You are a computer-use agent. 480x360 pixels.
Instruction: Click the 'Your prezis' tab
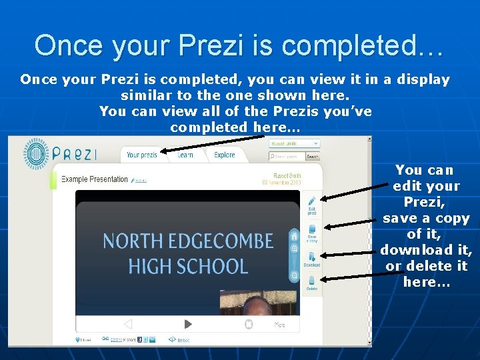(141, 155)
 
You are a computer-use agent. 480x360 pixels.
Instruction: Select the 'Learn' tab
(185, 155)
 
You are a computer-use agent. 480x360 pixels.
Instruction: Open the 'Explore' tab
(225, 155)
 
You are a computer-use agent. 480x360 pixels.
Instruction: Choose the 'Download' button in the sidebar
(311, 259)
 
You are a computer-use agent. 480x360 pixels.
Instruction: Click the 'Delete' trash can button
(311, 284)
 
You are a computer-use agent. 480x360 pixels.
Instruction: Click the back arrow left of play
(128, 324)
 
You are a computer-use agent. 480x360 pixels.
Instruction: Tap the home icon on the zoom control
(294, 235)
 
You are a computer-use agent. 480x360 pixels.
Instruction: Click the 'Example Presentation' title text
(94, 179)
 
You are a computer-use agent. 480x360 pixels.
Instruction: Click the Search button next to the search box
(312, 157)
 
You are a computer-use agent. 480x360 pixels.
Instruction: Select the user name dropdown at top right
(293, 143)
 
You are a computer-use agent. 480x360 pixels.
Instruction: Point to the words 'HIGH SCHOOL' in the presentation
(188, 267)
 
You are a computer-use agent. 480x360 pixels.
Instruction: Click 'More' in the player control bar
(280, 325)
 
